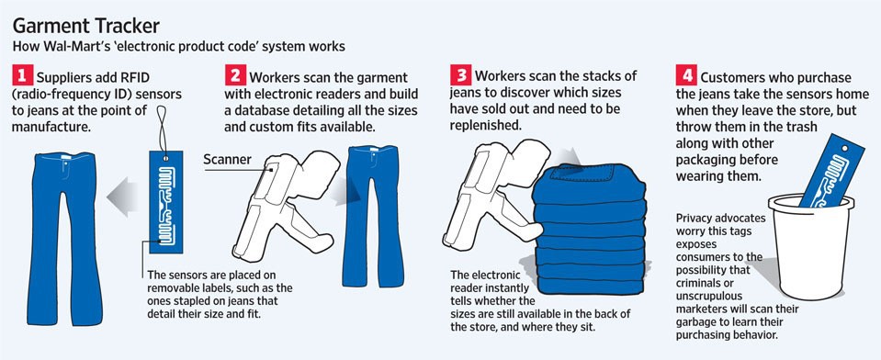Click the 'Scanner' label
tap(229, 159)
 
